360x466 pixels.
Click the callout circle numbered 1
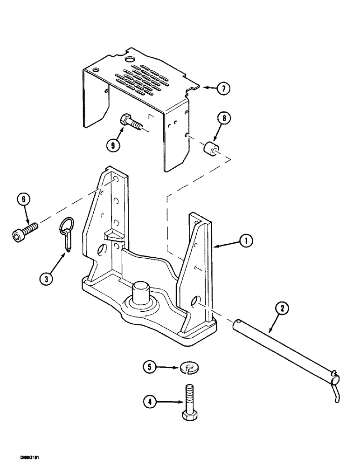[x=247, y=241]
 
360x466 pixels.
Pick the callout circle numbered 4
[x=148, y=401]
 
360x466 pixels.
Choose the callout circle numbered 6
[x=24, y=201]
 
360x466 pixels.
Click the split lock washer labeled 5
[x=187, y=369]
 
